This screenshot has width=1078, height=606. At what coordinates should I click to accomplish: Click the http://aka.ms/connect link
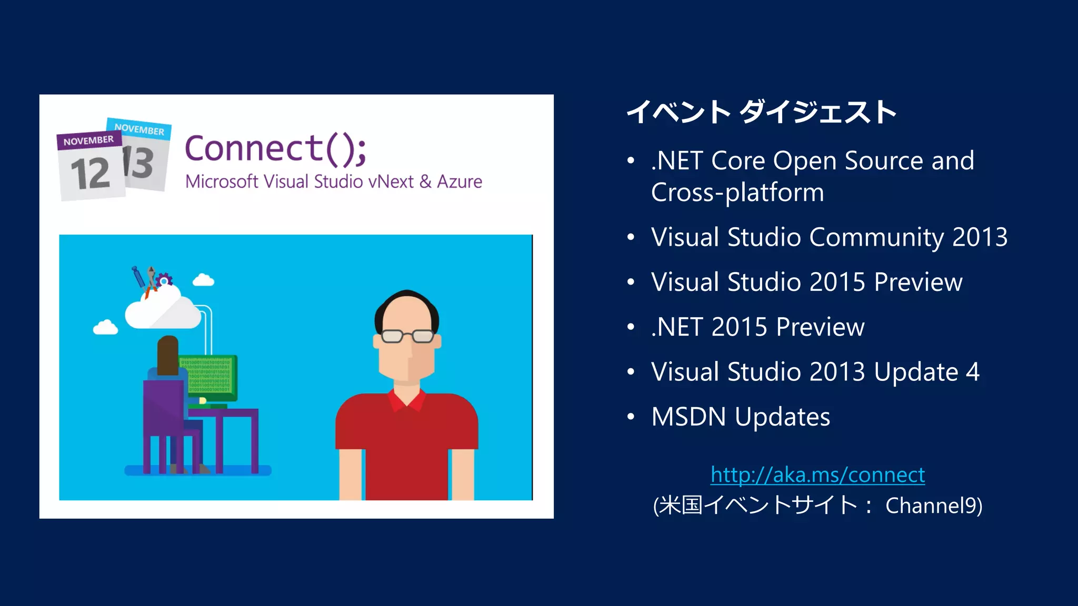pos(817,475)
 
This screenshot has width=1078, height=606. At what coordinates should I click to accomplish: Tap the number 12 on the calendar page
pos(91,174)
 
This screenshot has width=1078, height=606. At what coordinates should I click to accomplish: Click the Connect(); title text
pos(275,148)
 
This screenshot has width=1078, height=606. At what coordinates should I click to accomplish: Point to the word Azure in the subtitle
pos(459,181)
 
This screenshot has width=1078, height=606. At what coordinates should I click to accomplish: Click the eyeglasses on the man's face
pos(407,336)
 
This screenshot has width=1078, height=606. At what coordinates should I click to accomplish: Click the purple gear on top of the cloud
pos(164,279)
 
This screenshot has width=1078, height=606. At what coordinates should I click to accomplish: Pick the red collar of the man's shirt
pos(406,400)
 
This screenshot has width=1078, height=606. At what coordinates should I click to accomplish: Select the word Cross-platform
pos(737,193)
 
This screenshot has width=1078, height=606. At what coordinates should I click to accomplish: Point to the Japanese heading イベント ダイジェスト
pos(761,112)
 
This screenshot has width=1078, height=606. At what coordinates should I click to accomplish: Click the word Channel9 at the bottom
pos(933,506)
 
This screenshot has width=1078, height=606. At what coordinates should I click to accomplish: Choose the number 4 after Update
pos(973,372)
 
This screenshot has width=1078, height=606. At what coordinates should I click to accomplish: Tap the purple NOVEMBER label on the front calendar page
pos(88,140)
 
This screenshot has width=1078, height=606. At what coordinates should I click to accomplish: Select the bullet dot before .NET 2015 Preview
pos(631,327)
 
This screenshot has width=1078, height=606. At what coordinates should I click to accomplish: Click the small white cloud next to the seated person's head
pos(105,328)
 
